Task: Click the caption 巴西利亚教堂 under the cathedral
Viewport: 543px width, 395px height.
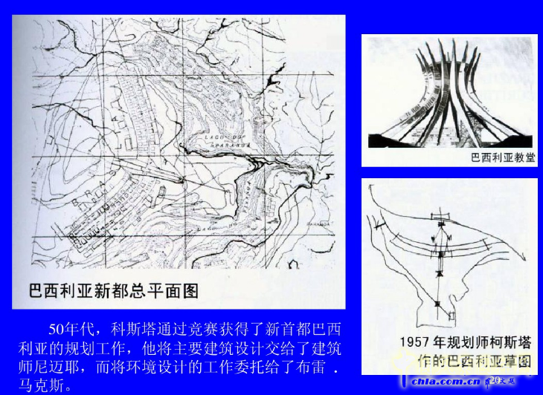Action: click(x=504, y=158)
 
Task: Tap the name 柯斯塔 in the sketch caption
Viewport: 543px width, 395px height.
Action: click(x=513, y=343)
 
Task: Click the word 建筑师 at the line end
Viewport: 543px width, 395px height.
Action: click(x=324, y=348)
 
